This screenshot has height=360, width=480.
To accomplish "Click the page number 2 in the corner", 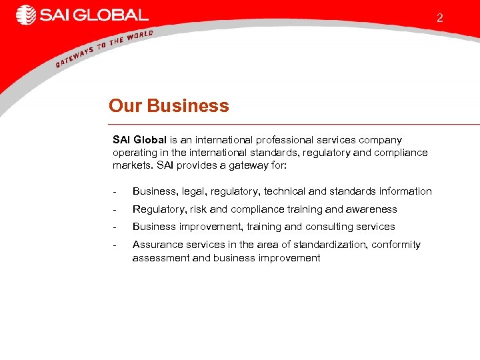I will [x=439, y=18].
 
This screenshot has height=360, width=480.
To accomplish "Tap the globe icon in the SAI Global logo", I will [x=26, y=15].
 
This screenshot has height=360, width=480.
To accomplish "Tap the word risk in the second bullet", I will [x=199, y=209].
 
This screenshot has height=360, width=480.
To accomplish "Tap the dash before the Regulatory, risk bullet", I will [x=115, y=209].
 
